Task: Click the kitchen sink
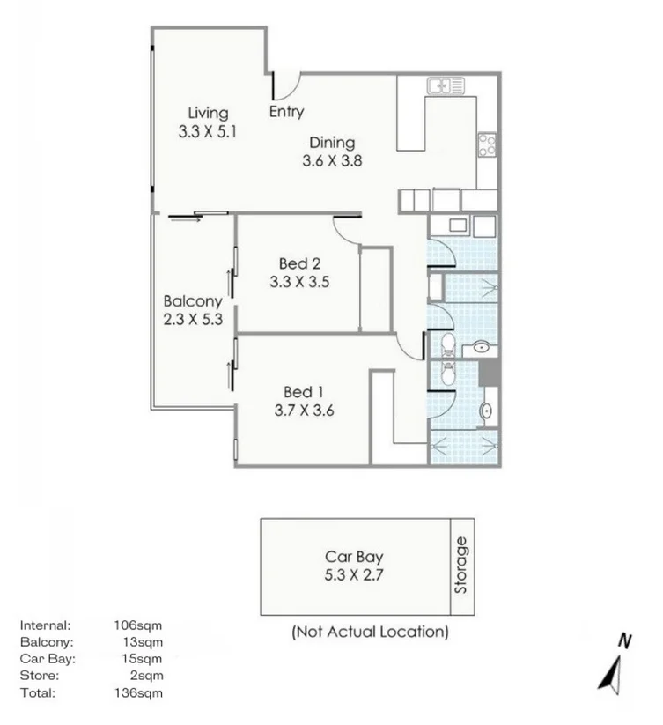click(x=446, y=85)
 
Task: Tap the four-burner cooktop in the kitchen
click(x=487, y=144)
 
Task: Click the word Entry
click(x=286, y=112)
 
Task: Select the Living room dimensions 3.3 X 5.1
click(x=209, y=131)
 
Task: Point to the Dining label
click(x=331, y=143)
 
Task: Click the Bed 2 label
click(x=298, y=263)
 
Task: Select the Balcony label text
click(x=193, y=301)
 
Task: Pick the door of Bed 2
click(x=350, y=231)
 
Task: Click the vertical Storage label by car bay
click(x=461, y=566)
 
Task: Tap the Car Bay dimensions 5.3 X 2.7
click(x=354, y=574)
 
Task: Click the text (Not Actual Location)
click(x=370, y=632)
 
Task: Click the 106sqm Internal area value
click(x=140, y=625)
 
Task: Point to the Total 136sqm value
click(x=140, y=693)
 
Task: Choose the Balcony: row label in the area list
click(x=47, y=642)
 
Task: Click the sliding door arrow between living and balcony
click(x=186, y=219)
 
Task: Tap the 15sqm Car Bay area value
click(x=144, y=659)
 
